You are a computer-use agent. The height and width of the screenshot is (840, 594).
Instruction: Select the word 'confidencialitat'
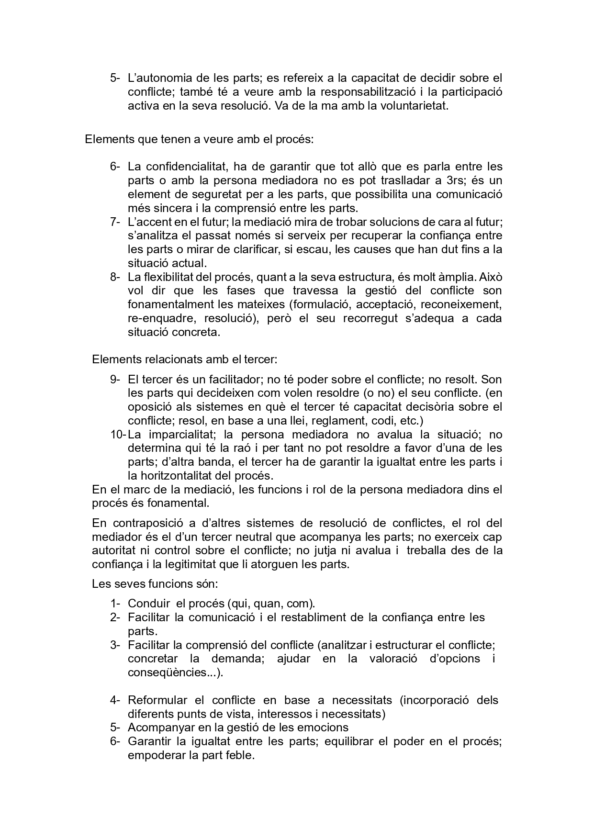[186, 167]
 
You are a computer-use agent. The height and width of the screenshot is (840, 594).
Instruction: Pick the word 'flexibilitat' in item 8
[172, 277]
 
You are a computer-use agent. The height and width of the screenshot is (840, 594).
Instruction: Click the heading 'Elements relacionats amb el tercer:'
[184, 359]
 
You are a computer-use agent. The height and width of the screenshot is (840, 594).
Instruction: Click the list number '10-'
[118, 435]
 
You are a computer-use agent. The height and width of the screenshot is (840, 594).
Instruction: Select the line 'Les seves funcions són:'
[155, 584]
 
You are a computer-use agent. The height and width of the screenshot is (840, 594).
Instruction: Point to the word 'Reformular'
[157, 700]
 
